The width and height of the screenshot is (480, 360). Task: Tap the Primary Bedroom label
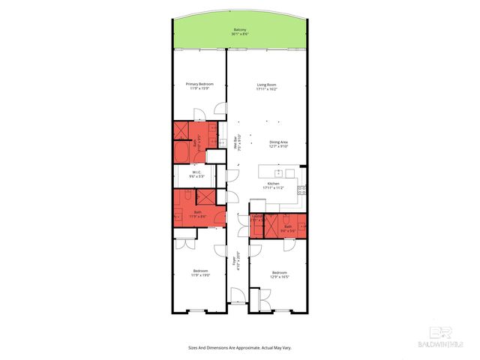click(199, 85)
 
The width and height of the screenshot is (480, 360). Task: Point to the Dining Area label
click(279, 143)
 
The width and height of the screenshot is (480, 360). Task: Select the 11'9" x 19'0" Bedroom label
click(199, 273)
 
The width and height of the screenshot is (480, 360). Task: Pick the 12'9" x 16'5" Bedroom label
click(279, 274)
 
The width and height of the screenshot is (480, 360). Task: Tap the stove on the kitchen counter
click(301, 188)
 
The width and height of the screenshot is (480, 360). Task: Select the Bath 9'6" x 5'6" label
click(288, 228)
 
